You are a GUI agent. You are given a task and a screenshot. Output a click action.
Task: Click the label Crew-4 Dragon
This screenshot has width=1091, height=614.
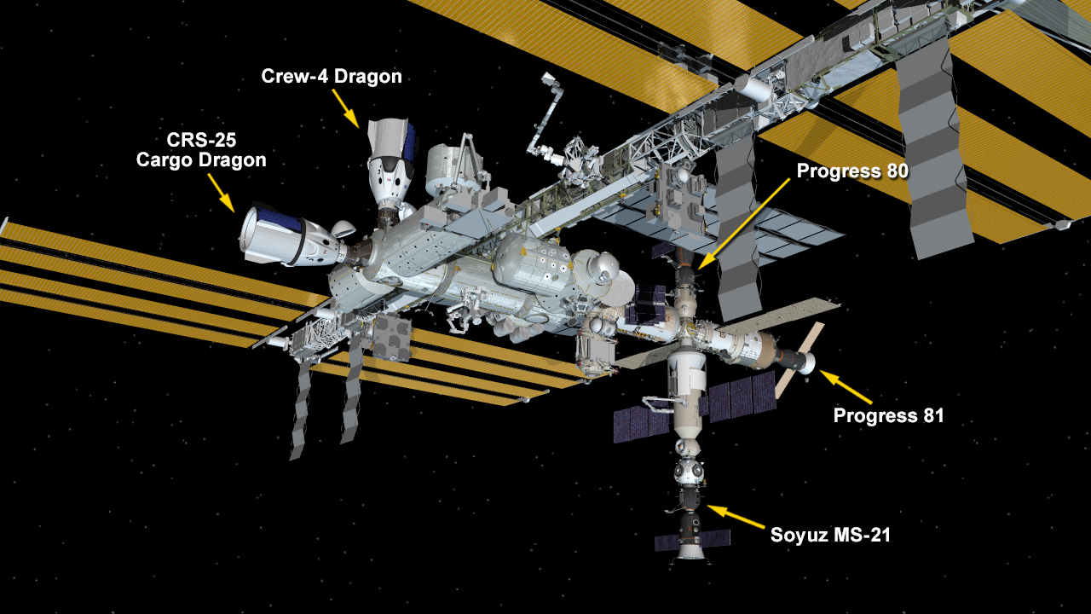coord(332,77)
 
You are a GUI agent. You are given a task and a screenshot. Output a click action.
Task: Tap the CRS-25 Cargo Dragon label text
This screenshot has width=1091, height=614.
coord(201,150)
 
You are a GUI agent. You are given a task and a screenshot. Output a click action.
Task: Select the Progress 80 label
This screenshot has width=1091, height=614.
coord(852,171)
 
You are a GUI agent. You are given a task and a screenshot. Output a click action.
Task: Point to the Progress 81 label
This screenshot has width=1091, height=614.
coord(888,415)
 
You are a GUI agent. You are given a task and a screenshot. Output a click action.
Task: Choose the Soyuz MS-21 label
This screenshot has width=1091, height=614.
coord(830,535)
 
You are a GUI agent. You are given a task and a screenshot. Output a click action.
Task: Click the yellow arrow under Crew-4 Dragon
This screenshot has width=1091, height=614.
coord(346,108)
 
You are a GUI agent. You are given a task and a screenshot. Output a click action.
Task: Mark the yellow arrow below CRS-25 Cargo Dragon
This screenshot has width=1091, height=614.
coord(222,193)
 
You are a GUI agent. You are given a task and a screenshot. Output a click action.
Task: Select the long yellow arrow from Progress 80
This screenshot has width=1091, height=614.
coord(743,224)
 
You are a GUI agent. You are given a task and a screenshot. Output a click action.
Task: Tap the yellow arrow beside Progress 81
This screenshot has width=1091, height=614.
coord(846,387)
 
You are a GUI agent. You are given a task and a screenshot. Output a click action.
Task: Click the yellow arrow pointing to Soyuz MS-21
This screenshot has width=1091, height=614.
coord(736,517)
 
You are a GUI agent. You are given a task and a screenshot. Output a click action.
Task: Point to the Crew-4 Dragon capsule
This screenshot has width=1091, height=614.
coord(390,165)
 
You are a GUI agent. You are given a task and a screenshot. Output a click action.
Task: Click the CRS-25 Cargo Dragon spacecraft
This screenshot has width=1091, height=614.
coord(292,236)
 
